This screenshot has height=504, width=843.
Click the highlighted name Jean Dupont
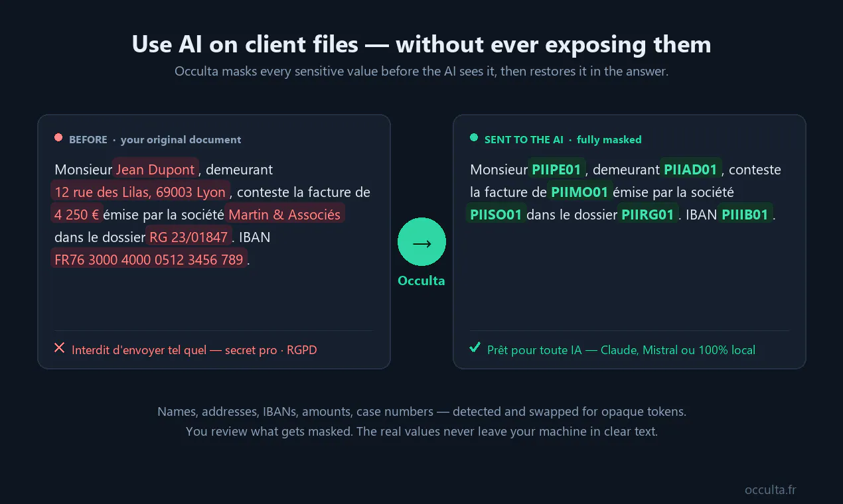[155, 169]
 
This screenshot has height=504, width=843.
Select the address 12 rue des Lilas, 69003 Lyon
[140, 192]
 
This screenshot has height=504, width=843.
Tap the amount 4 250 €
[77, 214]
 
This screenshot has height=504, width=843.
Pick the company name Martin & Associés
[285, 214]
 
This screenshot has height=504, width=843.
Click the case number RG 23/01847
[189, 237]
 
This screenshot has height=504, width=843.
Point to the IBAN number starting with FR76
[149, 259]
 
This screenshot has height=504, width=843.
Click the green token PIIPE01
[557, 169]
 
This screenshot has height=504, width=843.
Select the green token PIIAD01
[690, 169]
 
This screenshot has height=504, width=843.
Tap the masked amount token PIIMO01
[579, 192]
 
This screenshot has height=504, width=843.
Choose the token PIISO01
[496, 214]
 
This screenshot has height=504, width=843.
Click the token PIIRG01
[648, 214]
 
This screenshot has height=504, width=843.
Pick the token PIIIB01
[745, 214]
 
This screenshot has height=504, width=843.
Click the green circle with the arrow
[421, 242]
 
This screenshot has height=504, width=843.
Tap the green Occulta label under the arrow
[421, 281]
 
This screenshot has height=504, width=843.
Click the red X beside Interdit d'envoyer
[60, 347]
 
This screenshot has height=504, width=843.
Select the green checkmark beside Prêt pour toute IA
[475, 347]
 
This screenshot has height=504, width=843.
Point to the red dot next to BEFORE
[58, 138]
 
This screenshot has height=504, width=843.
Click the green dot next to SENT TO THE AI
[474, 138]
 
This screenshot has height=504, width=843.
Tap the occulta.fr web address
[771, 489]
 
